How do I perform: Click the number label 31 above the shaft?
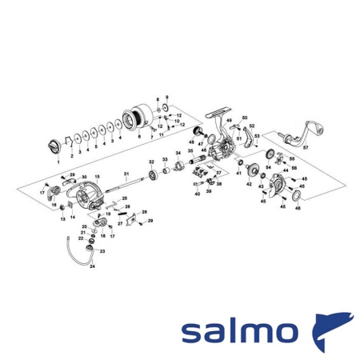[126, 174]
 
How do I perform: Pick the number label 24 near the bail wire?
[92, 266]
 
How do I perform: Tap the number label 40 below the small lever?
[197, 194]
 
